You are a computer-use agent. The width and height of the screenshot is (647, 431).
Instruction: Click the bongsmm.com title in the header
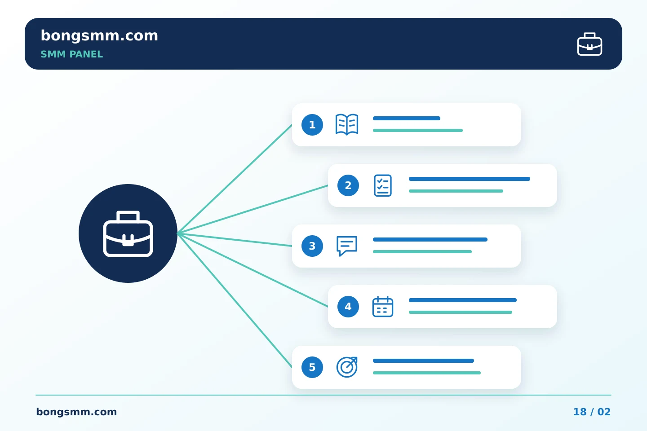tap(99, 36)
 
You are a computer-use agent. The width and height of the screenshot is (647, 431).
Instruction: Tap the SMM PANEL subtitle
tap(71, 54)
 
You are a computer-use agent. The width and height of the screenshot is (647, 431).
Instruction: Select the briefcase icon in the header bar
tap(589, 44)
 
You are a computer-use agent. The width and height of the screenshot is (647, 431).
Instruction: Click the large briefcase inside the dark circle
tap(128, 234)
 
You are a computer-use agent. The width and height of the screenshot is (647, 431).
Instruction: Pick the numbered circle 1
tap(312, 125)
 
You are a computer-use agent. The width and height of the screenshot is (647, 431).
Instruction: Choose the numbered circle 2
tap(348, 185)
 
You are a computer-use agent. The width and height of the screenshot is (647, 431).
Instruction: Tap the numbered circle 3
tap(312, 246)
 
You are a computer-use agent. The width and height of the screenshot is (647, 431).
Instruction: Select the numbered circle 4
tap(348, 307)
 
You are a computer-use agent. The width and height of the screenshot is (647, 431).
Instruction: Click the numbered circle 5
tap(312, 367)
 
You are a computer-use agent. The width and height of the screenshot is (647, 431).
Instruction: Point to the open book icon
tap(347, 124)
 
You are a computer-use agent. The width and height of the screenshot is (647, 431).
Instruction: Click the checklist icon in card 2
tap(383, 185)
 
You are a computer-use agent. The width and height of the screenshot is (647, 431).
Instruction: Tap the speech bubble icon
tap(347, 246)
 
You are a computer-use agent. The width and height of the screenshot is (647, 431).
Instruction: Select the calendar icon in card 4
tap(383, 307)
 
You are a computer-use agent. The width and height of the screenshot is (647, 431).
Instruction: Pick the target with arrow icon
tap(347, 367)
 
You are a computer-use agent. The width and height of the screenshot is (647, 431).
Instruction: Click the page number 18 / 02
tap(592, 412)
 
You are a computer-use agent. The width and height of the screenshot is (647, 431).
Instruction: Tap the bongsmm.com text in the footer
tap(76, 412)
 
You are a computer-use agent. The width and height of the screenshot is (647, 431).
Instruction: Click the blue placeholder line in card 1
tap(406, 119)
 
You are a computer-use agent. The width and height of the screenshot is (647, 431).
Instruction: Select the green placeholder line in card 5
tap(427, 373)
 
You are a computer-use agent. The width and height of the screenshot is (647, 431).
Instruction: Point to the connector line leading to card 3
tap(235, 240)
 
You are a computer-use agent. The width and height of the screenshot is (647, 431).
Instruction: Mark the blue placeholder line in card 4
tap(463, 300)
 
